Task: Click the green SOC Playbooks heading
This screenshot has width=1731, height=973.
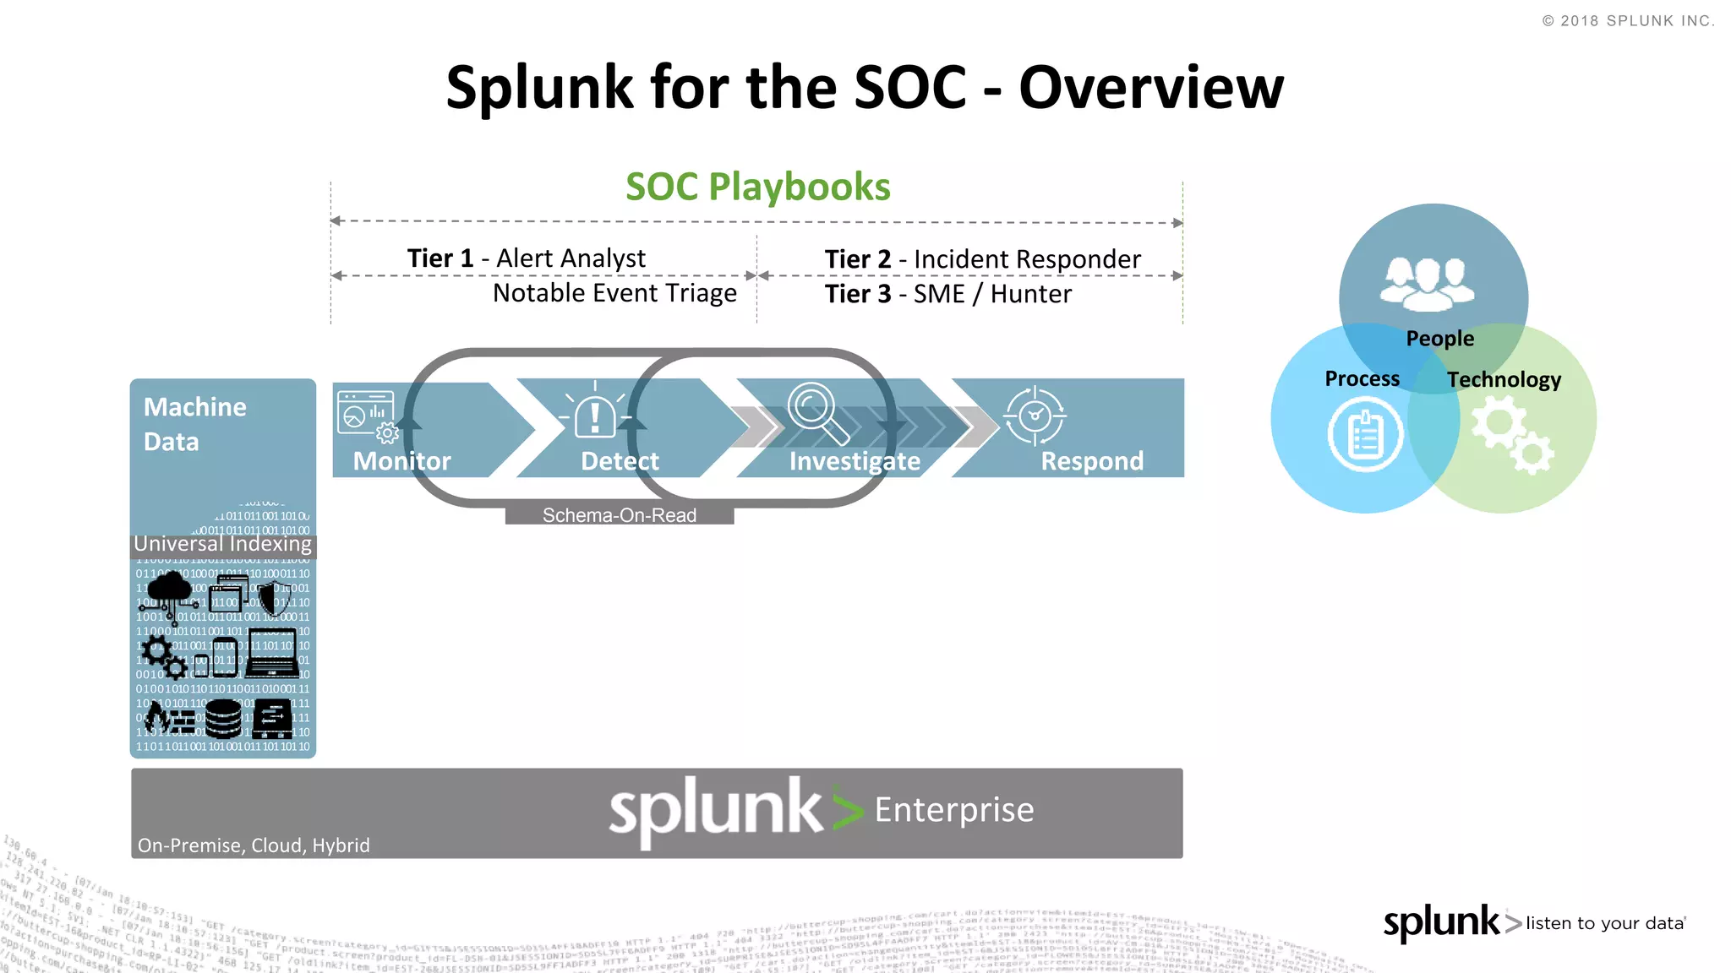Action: (x=757, y=187)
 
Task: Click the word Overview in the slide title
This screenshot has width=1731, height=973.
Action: (x=1150, y=88)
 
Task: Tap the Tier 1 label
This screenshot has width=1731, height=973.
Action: (x=440, y=258)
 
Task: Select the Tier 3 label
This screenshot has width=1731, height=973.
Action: (x=857, y=294)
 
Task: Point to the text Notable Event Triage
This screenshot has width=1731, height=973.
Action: (x=614, y=293)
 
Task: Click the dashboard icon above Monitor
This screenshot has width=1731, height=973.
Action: (x=366, y=414)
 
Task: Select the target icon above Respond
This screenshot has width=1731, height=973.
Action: (x=1035, y=415)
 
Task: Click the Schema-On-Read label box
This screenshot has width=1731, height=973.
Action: (x=619, y=514)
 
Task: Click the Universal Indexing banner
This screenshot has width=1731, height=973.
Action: (x=223, y=544)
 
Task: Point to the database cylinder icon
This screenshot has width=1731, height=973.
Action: (x=223, y=719)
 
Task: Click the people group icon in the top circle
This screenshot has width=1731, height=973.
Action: (x=1428, y=283)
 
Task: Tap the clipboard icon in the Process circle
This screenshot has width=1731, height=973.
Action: (x=1364, y=436)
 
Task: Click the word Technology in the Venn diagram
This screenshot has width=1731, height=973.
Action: (x=1503, y=380)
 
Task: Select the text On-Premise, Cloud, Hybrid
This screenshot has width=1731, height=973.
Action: (x=254, y=845)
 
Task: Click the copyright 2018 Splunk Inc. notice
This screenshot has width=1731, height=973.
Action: (x=1628, y=21)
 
